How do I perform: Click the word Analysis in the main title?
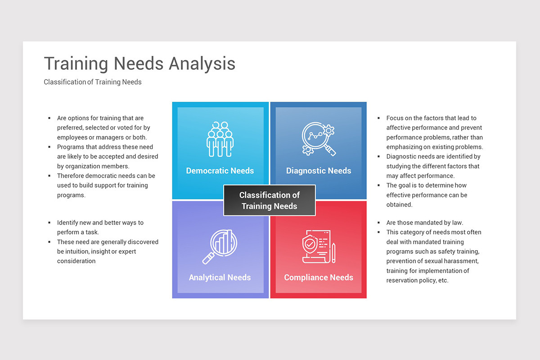[202, 64]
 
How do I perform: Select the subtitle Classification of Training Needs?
[93, 82]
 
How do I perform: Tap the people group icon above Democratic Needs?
[220, 139]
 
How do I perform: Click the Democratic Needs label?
[220, 171]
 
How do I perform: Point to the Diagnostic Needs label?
[319, 171]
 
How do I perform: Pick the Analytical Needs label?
[220, 278]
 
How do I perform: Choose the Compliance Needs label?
[319, 278]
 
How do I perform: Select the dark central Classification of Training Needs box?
[270, 201]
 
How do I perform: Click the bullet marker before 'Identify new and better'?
[49, 223]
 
